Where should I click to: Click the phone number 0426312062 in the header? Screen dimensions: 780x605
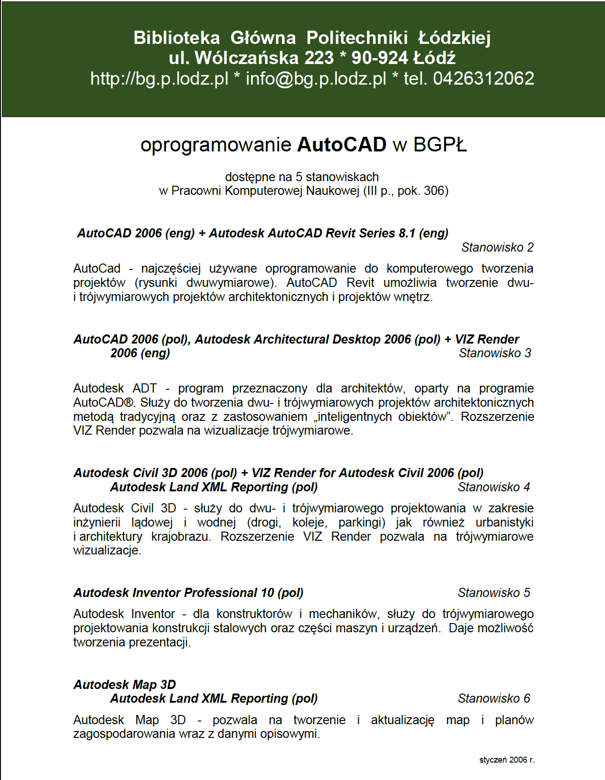click(483, 79)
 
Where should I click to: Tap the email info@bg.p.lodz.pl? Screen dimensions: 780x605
click(316, 79)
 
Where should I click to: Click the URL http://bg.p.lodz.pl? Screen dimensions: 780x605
click(159, 79)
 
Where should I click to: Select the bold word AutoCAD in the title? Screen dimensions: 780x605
click(342, 145)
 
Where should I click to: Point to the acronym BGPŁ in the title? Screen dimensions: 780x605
click(440, 145)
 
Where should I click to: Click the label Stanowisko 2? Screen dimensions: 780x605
click(497, 247)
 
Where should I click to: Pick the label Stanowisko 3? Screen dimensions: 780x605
click(495, 353)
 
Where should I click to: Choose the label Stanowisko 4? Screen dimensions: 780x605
click(494, 487)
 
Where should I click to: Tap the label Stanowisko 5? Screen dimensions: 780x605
click(494, 593)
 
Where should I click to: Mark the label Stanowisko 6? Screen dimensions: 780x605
click(494, 699)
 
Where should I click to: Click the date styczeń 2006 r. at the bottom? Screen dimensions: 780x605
click(507, 760)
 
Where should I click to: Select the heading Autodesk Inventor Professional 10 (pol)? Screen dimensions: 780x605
click(189, 593)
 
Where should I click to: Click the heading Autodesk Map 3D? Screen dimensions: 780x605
click(125, 685)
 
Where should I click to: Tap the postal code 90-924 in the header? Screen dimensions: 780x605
click(379, 58)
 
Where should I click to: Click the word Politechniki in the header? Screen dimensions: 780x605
click(357, 38)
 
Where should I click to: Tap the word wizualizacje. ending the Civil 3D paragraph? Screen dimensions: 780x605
click(107, 550)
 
